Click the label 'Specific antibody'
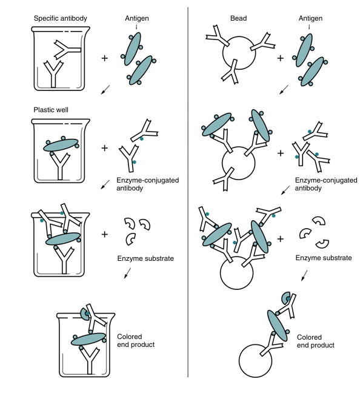click(61, 18)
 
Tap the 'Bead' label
click(239, 18)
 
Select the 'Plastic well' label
click(51, 110)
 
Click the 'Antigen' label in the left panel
click(137, 18)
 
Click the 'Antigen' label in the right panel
click(310, 18)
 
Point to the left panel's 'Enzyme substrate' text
click(145, 258)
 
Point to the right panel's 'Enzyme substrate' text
click(324, 258)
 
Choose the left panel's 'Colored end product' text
click(136, 341)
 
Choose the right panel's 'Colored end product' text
click(316, 341)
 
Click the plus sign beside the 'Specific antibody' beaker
click(104, 58)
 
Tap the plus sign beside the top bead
click(281, 58)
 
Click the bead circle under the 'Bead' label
click(239, 53)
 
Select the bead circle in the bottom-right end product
click(255, 361)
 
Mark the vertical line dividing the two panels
click(188, 192)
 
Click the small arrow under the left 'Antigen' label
click(136, 27)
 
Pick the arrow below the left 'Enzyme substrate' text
click(127, 273)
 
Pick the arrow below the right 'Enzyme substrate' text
click(304, 275)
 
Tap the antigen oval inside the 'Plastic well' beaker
click(61, 145)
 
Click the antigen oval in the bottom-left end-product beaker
click(88, 339)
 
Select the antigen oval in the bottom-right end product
click(277, 326)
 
